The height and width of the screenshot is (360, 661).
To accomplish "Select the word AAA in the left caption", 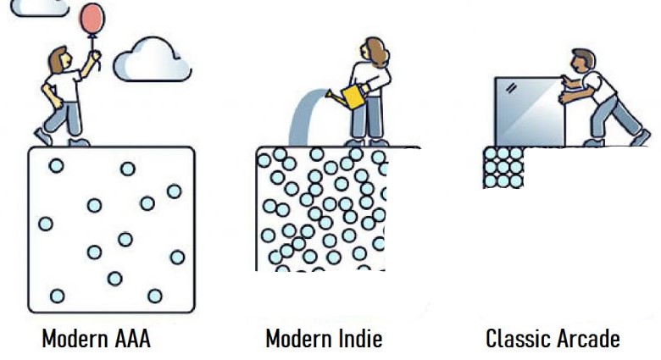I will pyautogui.click(x=131, y=340).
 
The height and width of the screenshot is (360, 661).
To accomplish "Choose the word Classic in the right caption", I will pyautogui.click(x=516, y=340).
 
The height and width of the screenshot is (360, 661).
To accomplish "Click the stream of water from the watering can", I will pyautogui.click(x=302, y=119).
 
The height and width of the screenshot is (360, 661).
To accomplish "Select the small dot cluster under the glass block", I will pyautogui.click(x=503, y=167).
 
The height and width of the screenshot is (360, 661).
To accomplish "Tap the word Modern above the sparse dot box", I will pyautogui.click(x=72, y=340).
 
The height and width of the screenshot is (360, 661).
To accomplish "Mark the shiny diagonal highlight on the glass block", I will pyautogui.click(x=510, y=88).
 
